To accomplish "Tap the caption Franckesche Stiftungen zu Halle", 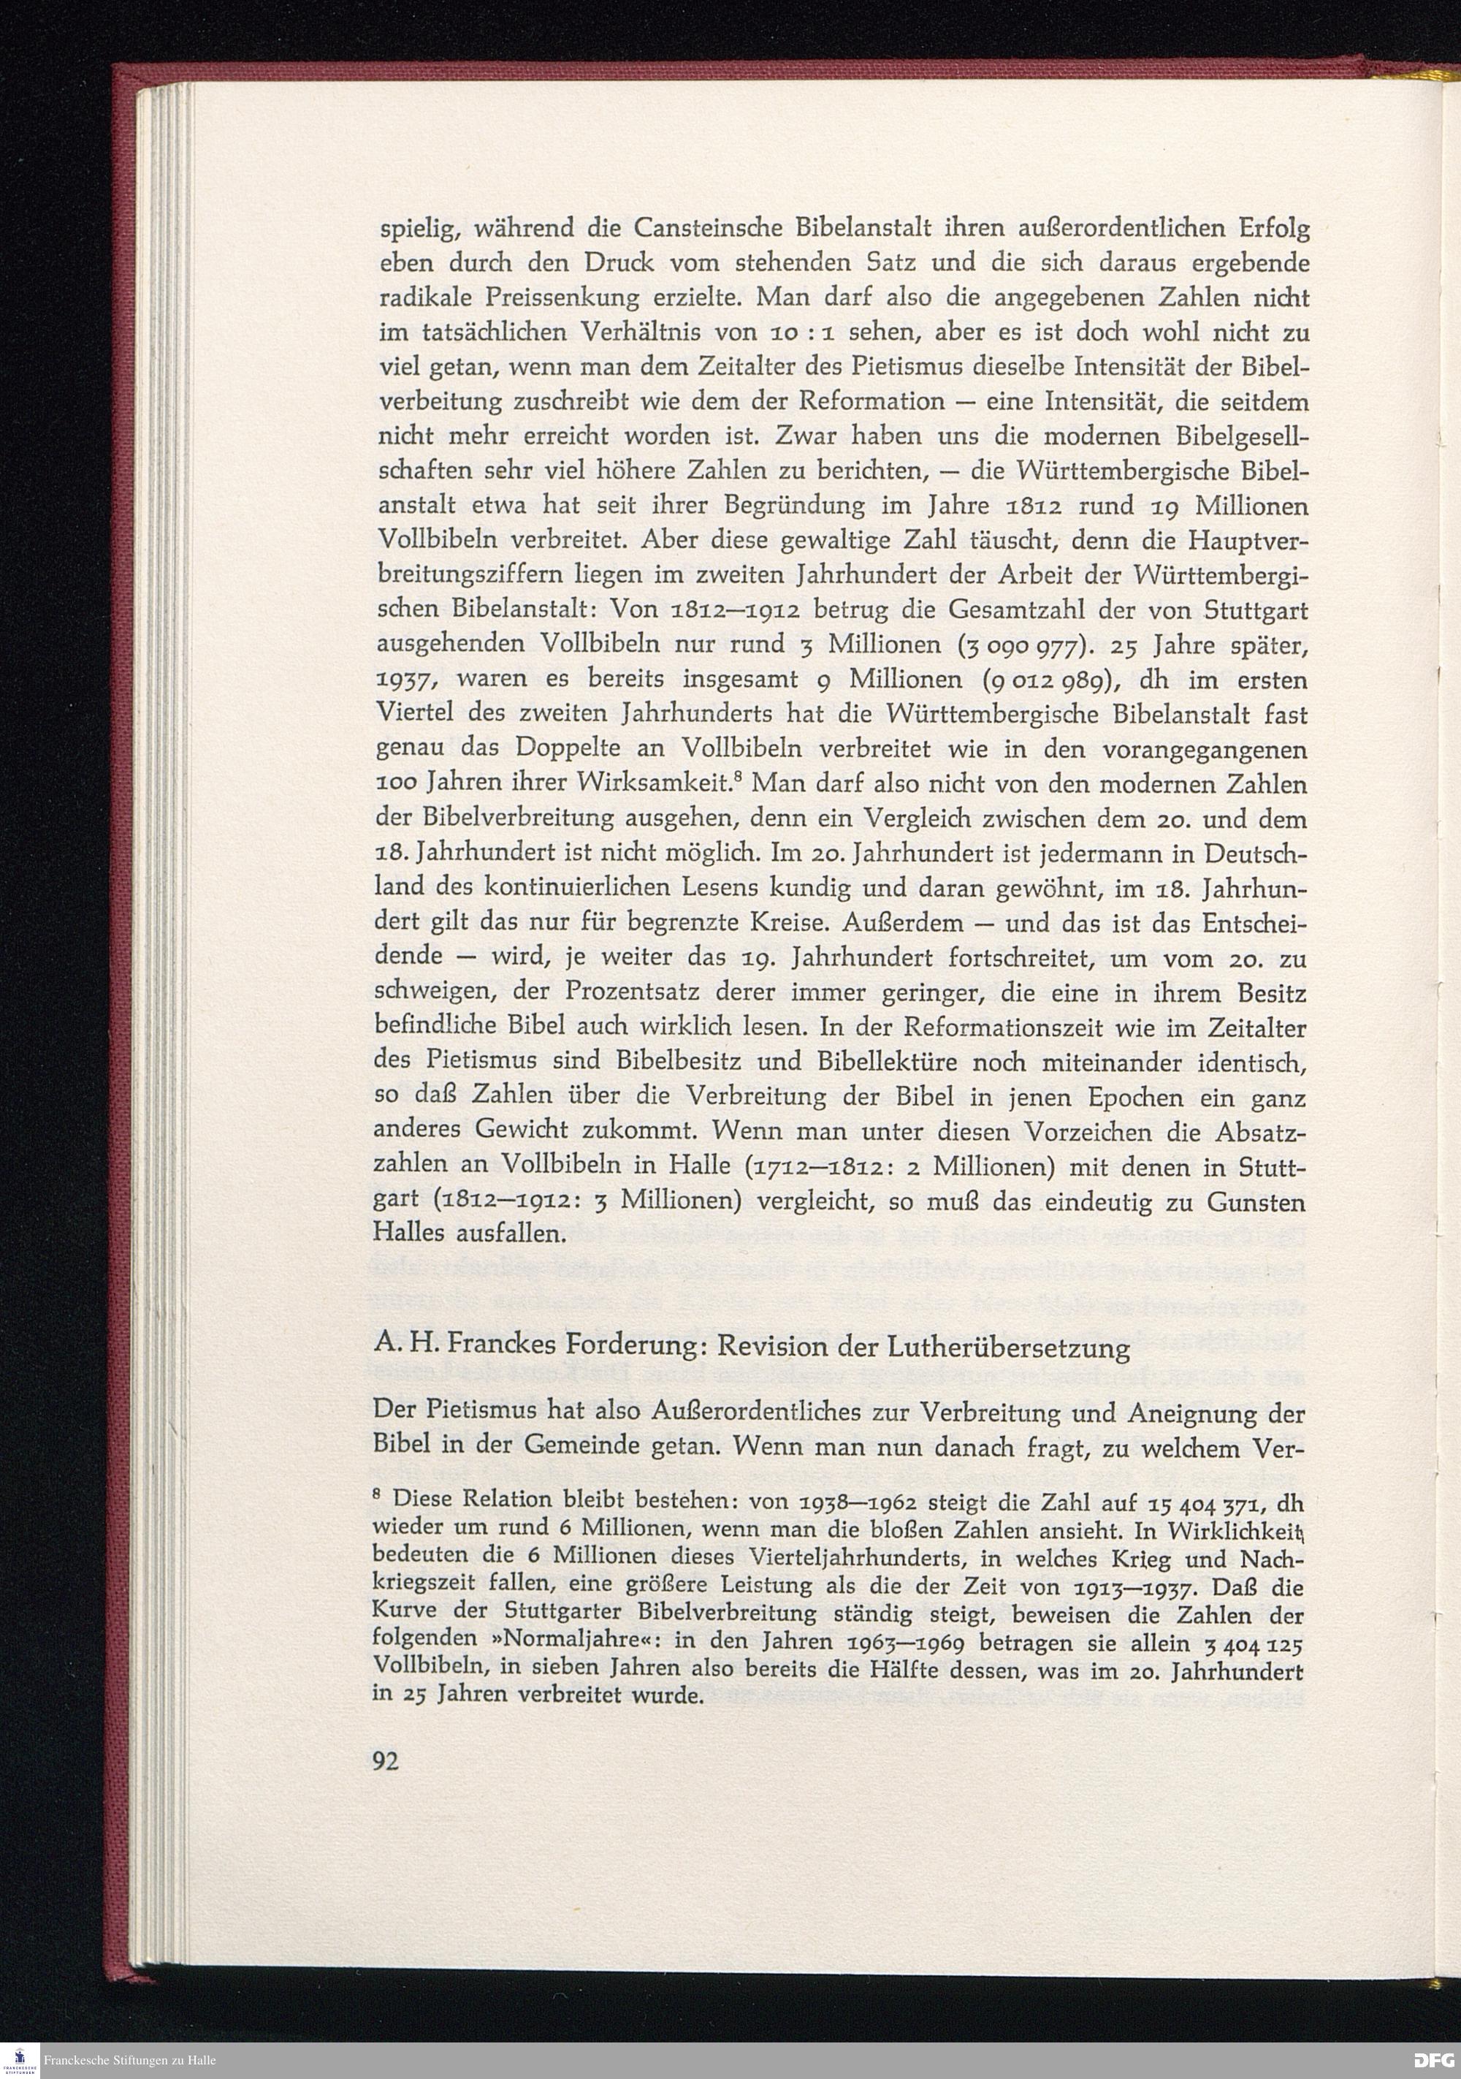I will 129,2060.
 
